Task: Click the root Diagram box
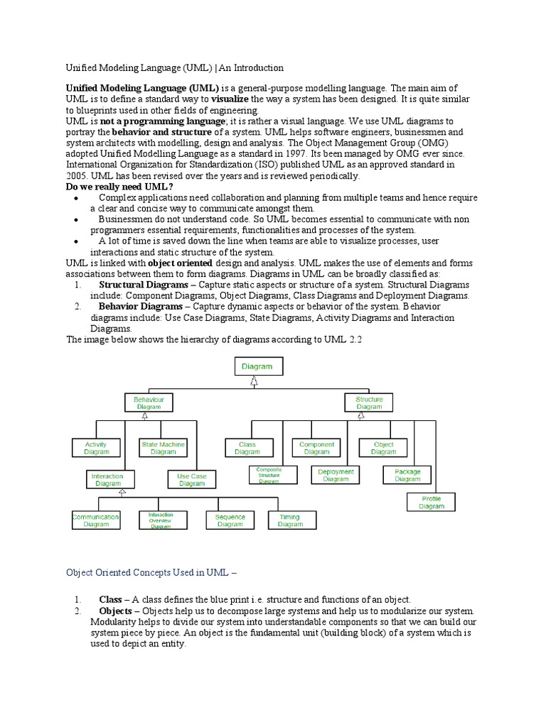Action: point(257,366)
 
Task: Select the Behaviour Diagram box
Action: point(149,403)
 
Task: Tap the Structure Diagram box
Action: point(369,403)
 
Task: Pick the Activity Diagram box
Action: point(97,448)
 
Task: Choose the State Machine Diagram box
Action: point(163,448)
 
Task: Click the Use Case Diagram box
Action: point(192,480)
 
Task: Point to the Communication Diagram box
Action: point(96,520)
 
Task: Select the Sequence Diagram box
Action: point(230,520)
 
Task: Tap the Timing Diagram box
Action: point(290,520)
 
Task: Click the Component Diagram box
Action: point(316,448)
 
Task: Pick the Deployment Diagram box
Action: point(336,475)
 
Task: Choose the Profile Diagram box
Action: point(432,503)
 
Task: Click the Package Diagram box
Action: point(407,475)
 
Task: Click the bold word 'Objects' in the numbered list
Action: point(115,611)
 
